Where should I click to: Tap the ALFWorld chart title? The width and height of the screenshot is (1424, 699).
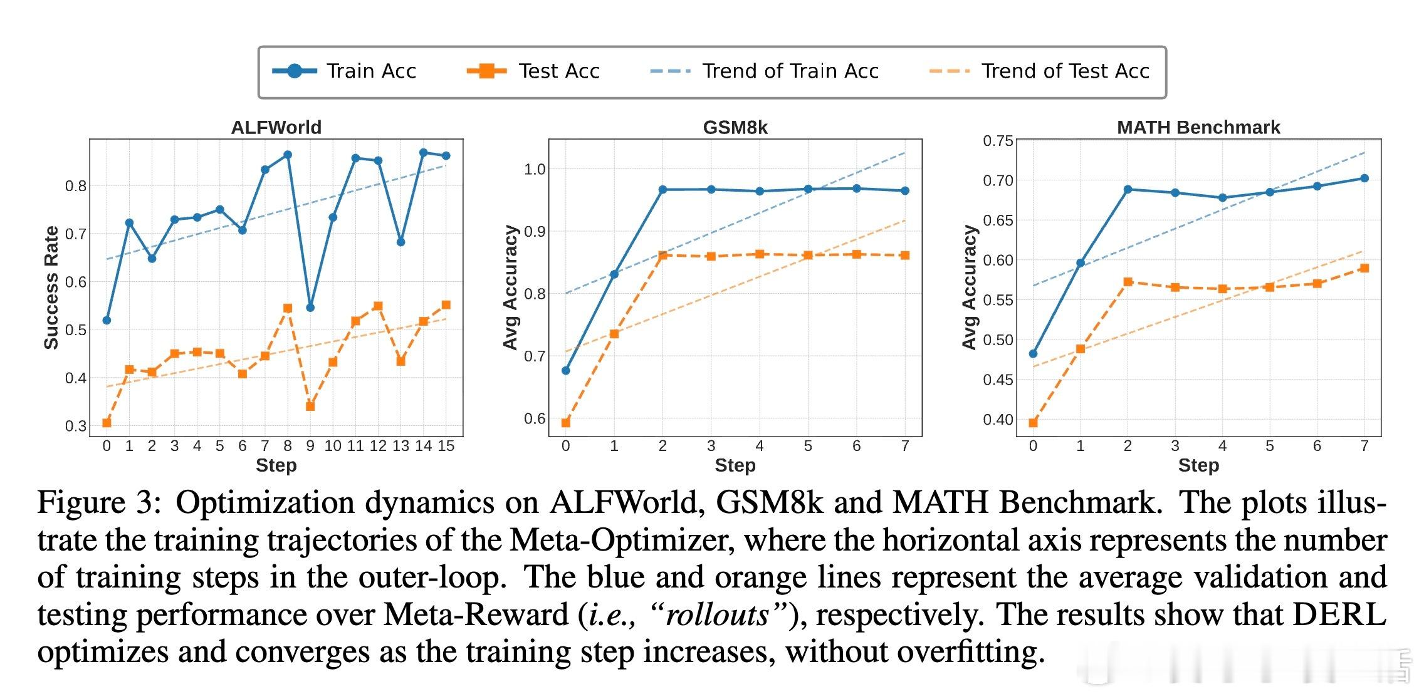pos(276,127)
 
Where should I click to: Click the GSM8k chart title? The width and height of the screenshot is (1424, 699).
pos(735,127)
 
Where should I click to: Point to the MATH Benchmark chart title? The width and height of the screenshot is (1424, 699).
pos(1198,127)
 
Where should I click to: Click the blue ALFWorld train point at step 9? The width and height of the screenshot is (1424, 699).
pos(310,308)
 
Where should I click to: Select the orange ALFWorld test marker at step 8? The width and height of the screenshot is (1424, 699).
pos(288,308)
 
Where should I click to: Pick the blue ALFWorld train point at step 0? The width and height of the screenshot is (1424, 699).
pos(107,321)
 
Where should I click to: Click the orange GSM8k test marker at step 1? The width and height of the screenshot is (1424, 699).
pos(614,334)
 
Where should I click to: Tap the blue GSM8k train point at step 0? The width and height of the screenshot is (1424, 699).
pos(566,371)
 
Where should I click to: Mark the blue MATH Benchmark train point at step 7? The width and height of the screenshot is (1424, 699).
pos(1364,179)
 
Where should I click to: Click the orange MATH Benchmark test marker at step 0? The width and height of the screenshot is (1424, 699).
pos(1034,423)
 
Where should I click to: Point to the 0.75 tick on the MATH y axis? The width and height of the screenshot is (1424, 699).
pos(998,141)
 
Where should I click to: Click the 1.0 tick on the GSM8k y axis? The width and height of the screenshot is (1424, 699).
pos(535,169)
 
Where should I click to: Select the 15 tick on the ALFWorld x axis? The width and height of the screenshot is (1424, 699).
pos(446,446)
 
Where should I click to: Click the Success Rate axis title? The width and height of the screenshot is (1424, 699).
pos(51,287)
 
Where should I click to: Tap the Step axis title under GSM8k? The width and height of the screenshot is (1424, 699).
pos(735,465)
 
